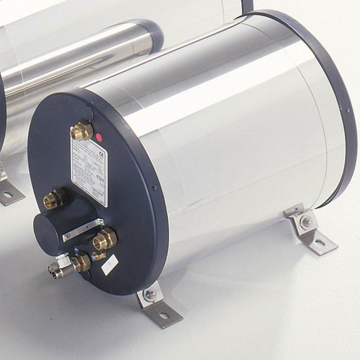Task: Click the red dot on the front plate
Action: click(x=99, y=137)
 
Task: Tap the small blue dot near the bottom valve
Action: click(x=77, y=251)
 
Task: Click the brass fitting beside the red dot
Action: click(x=82, y=131)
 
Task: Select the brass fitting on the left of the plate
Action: click(x=52, y=199)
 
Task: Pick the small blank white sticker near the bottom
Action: click(x=110, y=265)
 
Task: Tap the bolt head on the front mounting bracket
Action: click(x=150, y=294)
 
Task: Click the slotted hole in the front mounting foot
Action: click(x=164, y=315)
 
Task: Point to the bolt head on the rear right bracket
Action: click(x=307, y=222)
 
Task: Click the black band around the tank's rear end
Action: click(x=337, y=103)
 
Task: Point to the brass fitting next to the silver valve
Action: click(x=82, y=262)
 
